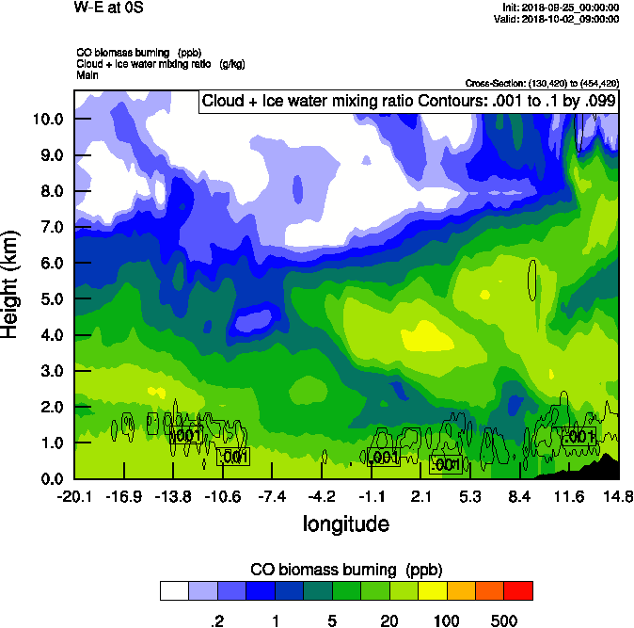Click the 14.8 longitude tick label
(x=618, y=496)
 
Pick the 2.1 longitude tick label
(x=420, y=496)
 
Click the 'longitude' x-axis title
(x=345, y=523)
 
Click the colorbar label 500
(x=504, y=620)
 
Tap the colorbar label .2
(x=215, y=620)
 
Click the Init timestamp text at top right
(x=562, y=7)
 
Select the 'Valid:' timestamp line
(x=562, y=18)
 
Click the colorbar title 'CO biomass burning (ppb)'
(x=345, y=570)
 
